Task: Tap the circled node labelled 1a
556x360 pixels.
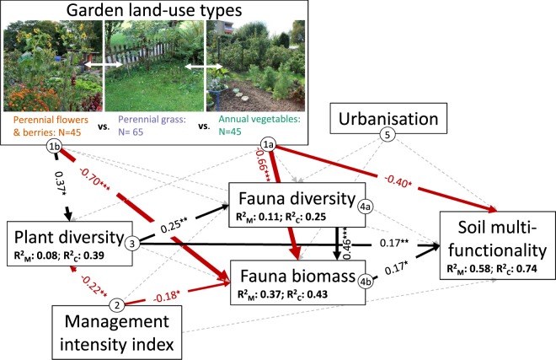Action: [270, 144]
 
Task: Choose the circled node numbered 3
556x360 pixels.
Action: [132, 244]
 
